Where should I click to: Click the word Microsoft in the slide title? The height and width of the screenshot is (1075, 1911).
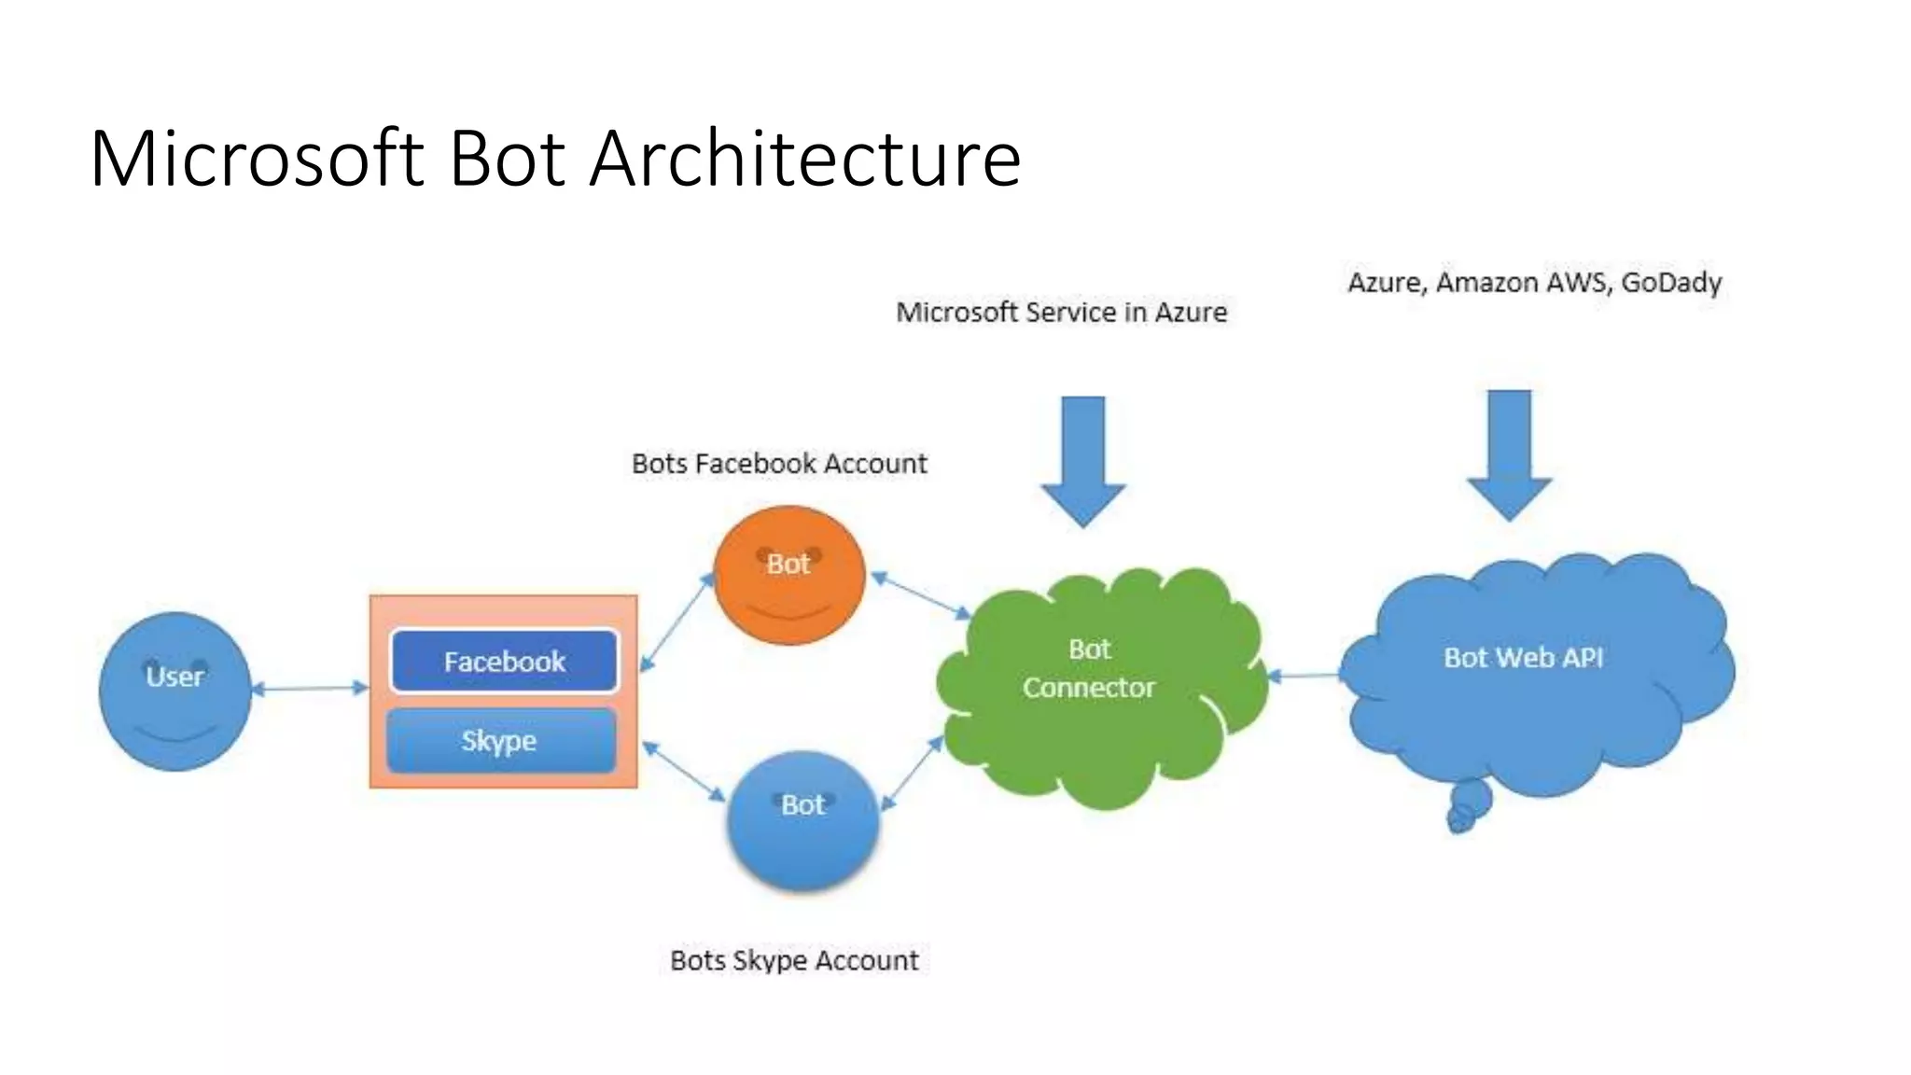click(x=258, y=159)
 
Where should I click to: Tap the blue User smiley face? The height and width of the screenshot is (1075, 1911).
click(x=175, y=691)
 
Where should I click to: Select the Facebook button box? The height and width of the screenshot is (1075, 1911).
click(x=504, y=662)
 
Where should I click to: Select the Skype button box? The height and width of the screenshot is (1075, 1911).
click(x=501, y=741)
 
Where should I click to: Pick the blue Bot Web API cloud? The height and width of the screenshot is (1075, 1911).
click(x=1530, y=672)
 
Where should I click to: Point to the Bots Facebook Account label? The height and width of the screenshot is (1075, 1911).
click(x=779, y=464)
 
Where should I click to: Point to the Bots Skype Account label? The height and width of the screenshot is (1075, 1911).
click(x=794, y=960)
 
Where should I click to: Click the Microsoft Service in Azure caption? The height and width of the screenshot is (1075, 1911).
click(x=1061, y=313)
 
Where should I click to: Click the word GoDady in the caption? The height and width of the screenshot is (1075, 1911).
click(x=1671, y=282)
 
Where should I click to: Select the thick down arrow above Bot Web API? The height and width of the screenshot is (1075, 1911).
click(x=1509, y=454)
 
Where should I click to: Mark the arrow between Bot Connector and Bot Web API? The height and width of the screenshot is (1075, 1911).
click(x=1304, y=675)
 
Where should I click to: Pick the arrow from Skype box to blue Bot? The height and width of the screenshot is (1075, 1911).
click(x=684, y=771)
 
